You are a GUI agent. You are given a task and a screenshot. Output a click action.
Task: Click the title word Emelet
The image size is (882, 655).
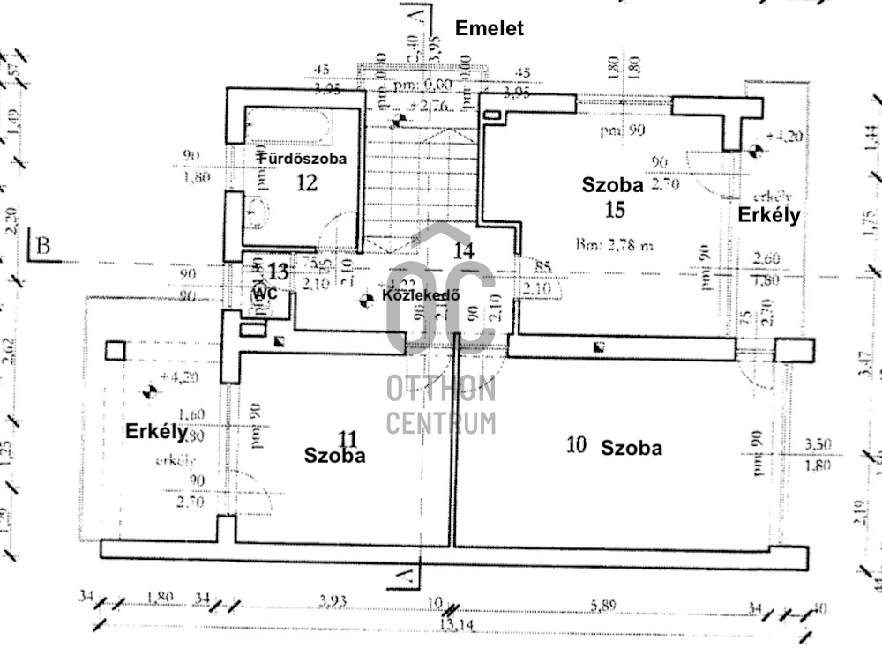coord(489,28)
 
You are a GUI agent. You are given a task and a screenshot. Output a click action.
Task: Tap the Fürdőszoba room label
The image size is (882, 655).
coord(302,159)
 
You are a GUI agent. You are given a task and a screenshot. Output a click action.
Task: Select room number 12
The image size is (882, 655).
coord(306,182)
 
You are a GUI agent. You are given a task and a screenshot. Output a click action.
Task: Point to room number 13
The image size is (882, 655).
coord(277,272)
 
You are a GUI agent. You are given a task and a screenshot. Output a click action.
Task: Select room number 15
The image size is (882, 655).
coord(615,209)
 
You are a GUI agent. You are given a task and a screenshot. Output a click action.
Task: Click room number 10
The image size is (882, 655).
coord(576,445)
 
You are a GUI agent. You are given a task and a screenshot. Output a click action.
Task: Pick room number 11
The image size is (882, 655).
coord(348,438)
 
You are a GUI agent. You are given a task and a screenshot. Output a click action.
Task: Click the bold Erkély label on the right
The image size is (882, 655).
coord(768,215)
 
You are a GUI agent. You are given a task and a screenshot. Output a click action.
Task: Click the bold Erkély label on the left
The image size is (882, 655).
coord(156,432)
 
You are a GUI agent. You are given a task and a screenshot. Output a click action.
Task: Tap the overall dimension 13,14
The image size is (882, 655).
coord(451,625)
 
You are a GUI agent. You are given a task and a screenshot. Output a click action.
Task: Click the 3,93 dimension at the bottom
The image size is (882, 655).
coord(332,602)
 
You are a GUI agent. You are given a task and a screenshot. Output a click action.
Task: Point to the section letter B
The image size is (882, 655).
coord(45,246)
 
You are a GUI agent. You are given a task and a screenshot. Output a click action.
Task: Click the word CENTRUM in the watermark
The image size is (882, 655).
coord(440,422)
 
